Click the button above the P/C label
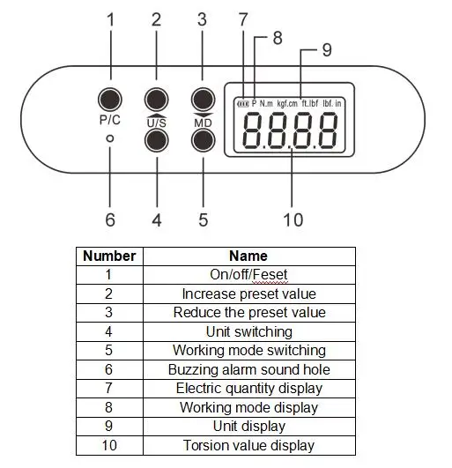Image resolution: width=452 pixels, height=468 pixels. [110, 100]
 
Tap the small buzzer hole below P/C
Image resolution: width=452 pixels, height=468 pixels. [110, 138]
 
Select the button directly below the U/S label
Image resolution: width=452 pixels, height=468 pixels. [157, 140]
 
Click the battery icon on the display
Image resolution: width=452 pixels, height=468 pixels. [243, 104]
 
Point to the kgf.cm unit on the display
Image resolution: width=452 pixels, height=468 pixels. [287, 104]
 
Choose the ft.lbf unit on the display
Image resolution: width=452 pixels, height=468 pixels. [310, 103]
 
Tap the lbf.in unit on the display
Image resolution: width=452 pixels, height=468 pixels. [332, 103]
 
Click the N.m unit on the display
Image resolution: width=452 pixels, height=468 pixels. [266, 104]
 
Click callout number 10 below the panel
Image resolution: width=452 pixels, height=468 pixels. [293, 220]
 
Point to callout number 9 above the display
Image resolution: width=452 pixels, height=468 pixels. [327, 49]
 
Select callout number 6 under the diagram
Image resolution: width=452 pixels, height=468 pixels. [110, 219]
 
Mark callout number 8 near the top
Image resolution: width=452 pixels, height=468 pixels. [278, 38]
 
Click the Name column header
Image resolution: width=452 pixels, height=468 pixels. [248, 256]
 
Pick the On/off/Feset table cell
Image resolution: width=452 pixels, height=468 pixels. [249, 275]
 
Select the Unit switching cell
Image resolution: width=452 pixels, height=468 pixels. [249, 332]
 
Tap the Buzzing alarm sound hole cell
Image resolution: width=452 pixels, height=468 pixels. [249, 370]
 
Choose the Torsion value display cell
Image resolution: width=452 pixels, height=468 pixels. [249, 446]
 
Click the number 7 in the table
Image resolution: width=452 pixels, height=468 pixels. [108, 389]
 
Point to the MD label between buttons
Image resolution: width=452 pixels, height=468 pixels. [203, 123]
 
